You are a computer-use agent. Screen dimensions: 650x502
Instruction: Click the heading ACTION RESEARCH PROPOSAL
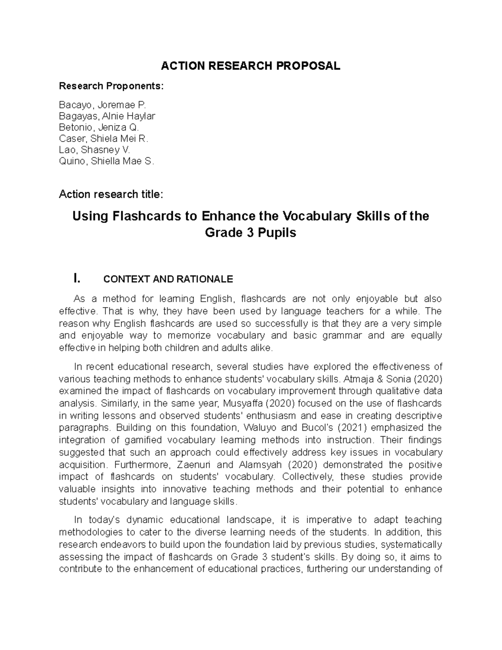coord(251,66)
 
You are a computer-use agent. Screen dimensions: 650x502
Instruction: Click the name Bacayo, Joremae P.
coord(103,105)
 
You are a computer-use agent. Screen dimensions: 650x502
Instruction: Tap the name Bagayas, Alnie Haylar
coord(107,116)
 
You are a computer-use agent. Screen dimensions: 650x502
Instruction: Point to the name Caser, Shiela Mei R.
coord(104,139)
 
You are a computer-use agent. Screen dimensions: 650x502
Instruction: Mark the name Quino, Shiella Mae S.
coord(107,161)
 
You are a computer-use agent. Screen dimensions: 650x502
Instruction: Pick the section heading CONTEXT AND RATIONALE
coord(168,279)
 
